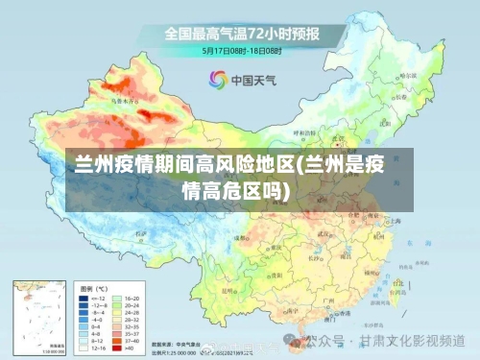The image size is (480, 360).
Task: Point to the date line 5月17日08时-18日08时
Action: (241, 50)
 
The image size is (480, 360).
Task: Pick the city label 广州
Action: (329, 300)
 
